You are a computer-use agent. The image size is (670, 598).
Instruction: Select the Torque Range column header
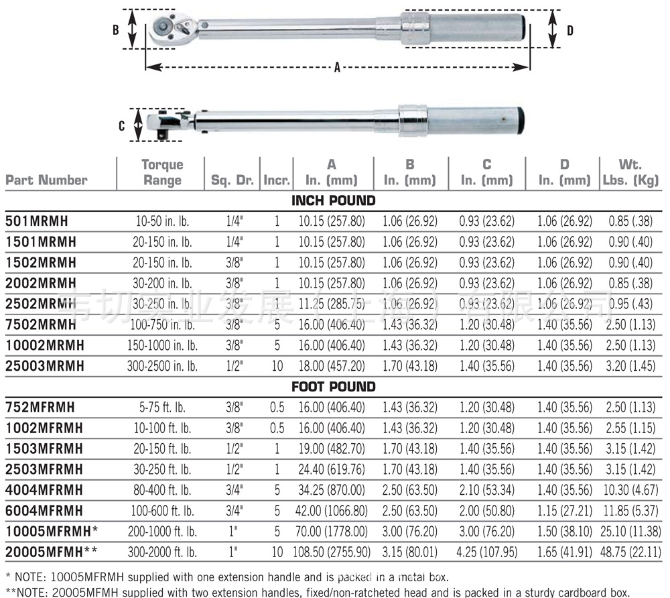point(161,172)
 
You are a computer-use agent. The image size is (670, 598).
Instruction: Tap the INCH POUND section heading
point(333,200)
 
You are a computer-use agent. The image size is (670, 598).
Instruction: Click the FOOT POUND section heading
point(333,387)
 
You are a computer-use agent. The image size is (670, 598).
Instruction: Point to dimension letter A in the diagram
point(337,68)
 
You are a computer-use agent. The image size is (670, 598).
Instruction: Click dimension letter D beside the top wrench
point(570,30)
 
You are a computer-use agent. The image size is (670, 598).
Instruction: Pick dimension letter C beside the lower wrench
point(121,125)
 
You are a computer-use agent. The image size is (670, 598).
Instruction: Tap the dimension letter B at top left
point(115,30)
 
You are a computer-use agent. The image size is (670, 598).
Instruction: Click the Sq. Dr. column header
point(232,180)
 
